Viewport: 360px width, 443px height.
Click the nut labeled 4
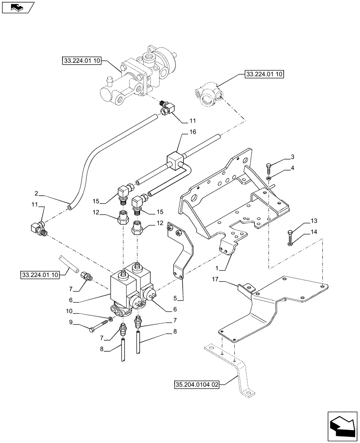click(x=269, y=179)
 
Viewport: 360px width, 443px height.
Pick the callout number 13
click(x=301, y=221)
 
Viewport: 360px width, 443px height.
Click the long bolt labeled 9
click(x=98, y=328)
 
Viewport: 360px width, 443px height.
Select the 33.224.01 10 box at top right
click(x=263, y=74)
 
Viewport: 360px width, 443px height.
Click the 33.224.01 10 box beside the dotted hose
click(x=39, y=276)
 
